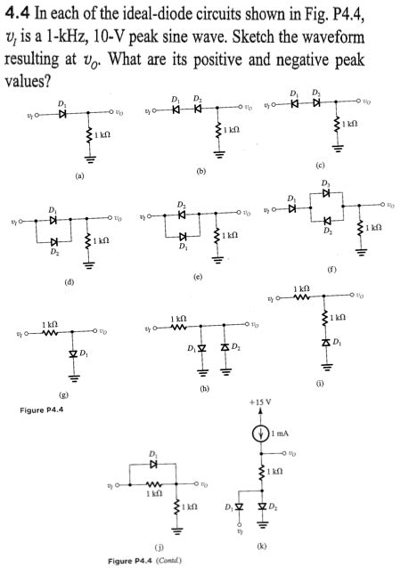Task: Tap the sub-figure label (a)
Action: coord(80,176)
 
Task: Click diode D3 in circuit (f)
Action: coord(327,192)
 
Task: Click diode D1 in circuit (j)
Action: coord(154,464)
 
